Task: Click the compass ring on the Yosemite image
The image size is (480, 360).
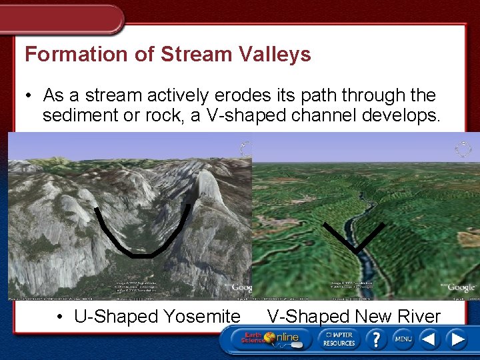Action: (x=246, y=148)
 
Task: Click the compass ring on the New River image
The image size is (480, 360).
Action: (x=463, y=148)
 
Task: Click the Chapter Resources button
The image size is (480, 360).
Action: (x=339, y=339)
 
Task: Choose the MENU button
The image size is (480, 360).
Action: (x=403, y=339)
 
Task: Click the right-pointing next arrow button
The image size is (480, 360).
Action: (x=458, y=339)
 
